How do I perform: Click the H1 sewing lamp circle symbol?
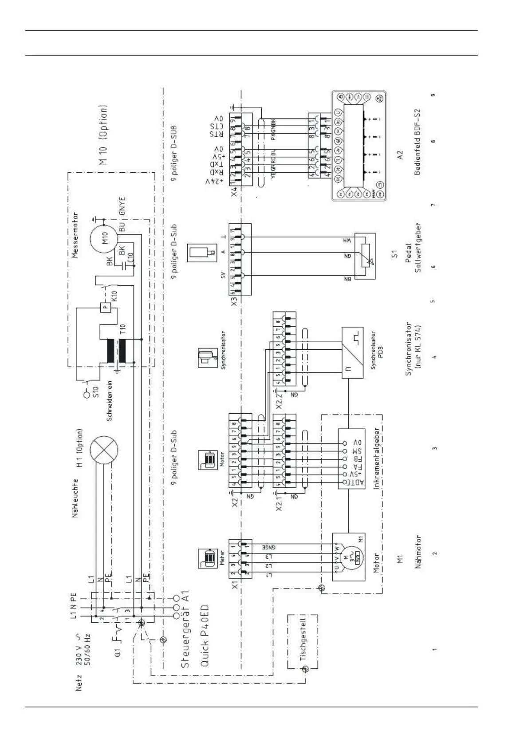click(x=104, y=450)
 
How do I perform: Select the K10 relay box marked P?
click(x=105, y=307)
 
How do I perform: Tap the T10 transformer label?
click(x=123, y=329)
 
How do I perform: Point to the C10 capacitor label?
click(x=130, y=258)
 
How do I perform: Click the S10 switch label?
click(x=96, y=392)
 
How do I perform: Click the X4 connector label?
click(x=234, y=192)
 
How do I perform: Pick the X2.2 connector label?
click(x=279, y=401)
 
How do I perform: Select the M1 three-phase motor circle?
click(x=349, y=557)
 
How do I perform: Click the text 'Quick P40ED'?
click(x=205, y=636)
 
